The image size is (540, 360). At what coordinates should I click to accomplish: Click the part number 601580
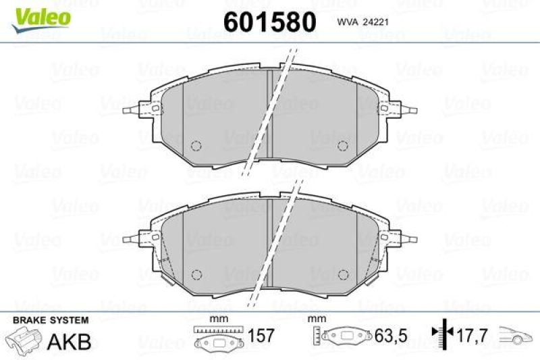coord(269,22)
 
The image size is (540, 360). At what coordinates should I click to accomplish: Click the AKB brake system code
coord(69,341)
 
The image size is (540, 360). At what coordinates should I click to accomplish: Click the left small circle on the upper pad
coord(197,146)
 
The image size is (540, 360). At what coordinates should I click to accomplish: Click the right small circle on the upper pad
coord(342,146)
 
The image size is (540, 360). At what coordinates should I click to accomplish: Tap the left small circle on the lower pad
coord(197,274)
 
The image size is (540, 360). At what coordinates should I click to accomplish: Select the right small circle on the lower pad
coord(342,274)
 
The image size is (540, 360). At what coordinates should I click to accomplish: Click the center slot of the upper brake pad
coord(269,115)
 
